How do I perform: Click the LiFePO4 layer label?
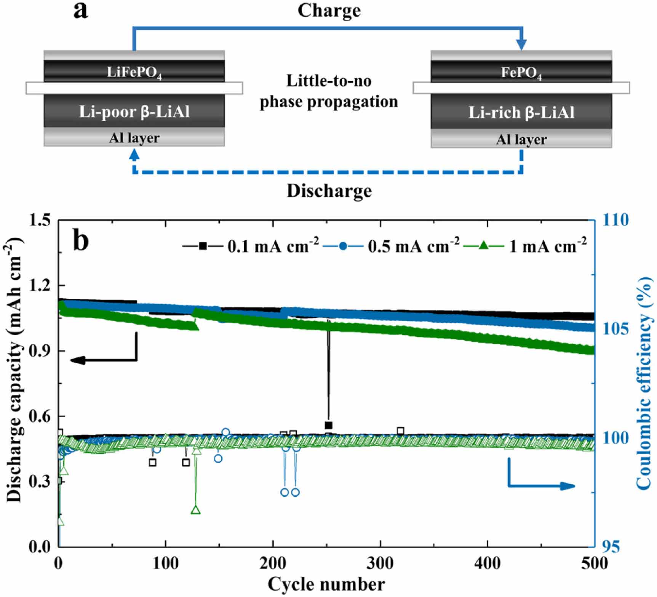[x=134, y=72]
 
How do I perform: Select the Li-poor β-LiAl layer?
[x=134, y=112]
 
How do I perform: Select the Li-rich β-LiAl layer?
[x=521, y=112]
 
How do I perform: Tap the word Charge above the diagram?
[x=329, y=11]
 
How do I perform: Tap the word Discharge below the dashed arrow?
[x=329, y=190]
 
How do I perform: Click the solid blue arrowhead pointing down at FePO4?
[x=521, y=44]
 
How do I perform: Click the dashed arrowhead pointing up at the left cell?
[x=134, y=154]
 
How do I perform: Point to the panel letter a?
[x=80, y=10]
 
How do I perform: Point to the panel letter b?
[x=81, y=241]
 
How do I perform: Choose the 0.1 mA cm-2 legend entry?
[x=273, y=246]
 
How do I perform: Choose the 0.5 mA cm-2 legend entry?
[x=413, y=246]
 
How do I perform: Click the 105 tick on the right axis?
[x=615, y=329]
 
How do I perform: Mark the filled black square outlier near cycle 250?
[x=328, y=425]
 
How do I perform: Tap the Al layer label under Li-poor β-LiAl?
[x=134, y=138]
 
